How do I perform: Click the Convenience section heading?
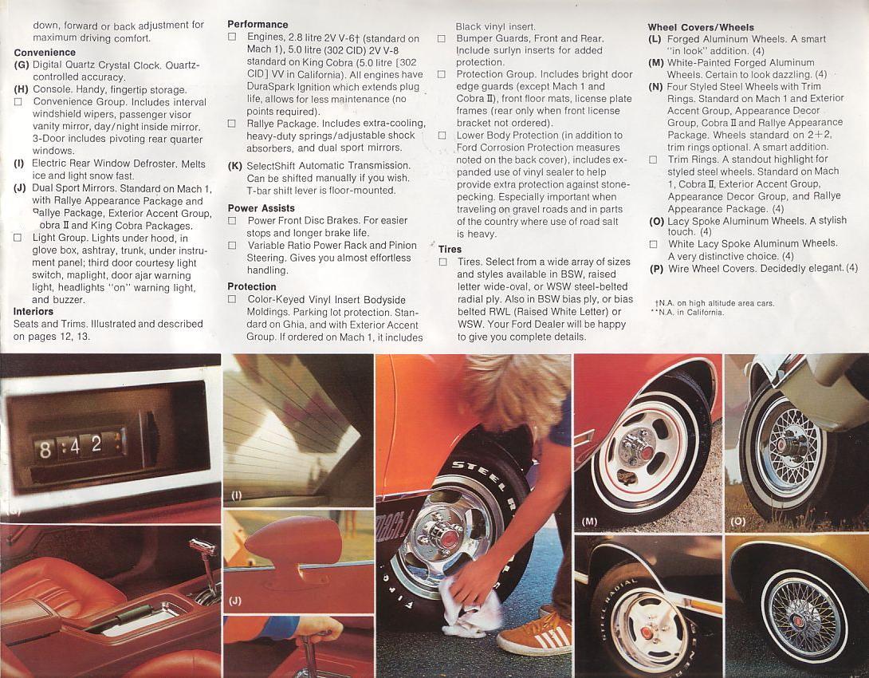(x=45, y=53)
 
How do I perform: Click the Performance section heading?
(x=257, y=26)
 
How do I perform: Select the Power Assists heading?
(x=261, y=208)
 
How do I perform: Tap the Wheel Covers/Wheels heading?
(x=701, y=27)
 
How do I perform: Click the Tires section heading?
(x=450, y=249)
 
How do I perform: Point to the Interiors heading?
(x=33, y=312)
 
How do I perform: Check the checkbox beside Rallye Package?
(x=232, y=124)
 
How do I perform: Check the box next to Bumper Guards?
(x=442, y=38)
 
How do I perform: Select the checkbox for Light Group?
(x=18, y=238)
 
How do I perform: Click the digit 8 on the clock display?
(x=45, y=451)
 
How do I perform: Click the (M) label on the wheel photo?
(x=589, y=522)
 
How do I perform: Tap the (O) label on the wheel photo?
(x=737, y=522)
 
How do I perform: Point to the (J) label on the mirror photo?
(x=235, y=600)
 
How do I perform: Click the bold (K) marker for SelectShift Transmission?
(x=234, y=166)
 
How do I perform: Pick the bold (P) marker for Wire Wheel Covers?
(x=656, y=268)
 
